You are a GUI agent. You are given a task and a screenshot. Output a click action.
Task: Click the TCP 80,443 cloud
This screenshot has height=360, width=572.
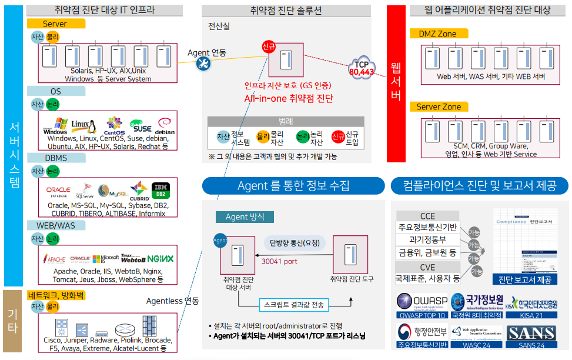click(361, 68)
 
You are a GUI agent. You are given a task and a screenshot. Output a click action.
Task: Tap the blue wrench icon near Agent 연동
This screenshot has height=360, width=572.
click(204, 64)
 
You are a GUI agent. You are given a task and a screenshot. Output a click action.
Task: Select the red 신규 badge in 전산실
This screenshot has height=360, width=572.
click(269, 47)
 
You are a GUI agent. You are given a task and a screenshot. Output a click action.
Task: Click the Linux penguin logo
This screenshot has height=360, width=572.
click(83, 125)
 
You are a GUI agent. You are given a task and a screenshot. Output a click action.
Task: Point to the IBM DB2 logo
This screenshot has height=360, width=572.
click(160, 191)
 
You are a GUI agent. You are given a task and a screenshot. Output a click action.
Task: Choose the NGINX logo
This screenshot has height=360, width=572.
click(160, 258)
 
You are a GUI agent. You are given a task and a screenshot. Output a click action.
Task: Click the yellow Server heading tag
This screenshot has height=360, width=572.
click(55, 24)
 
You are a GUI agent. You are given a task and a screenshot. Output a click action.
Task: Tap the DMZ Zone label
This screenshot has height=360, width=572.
click(437, 34)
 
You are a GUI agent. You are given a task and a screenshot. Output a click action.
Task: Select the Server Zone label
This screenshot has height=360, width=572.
click(439, 106)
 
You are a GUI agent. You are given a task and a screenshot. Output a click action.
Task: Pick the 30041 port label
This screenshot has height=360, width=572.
click(279, 261)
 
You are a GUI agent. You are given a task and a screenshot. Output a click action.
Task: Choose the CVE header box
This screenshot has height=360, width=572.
click(427, 267)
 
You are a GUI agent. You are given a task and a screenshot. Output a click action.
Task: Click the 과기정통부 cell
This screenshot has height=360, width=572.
click(427, 240)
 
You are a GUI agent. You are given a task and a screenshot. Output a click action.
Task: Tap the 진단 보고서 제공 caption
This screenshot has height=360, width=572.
click(525, 279)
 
